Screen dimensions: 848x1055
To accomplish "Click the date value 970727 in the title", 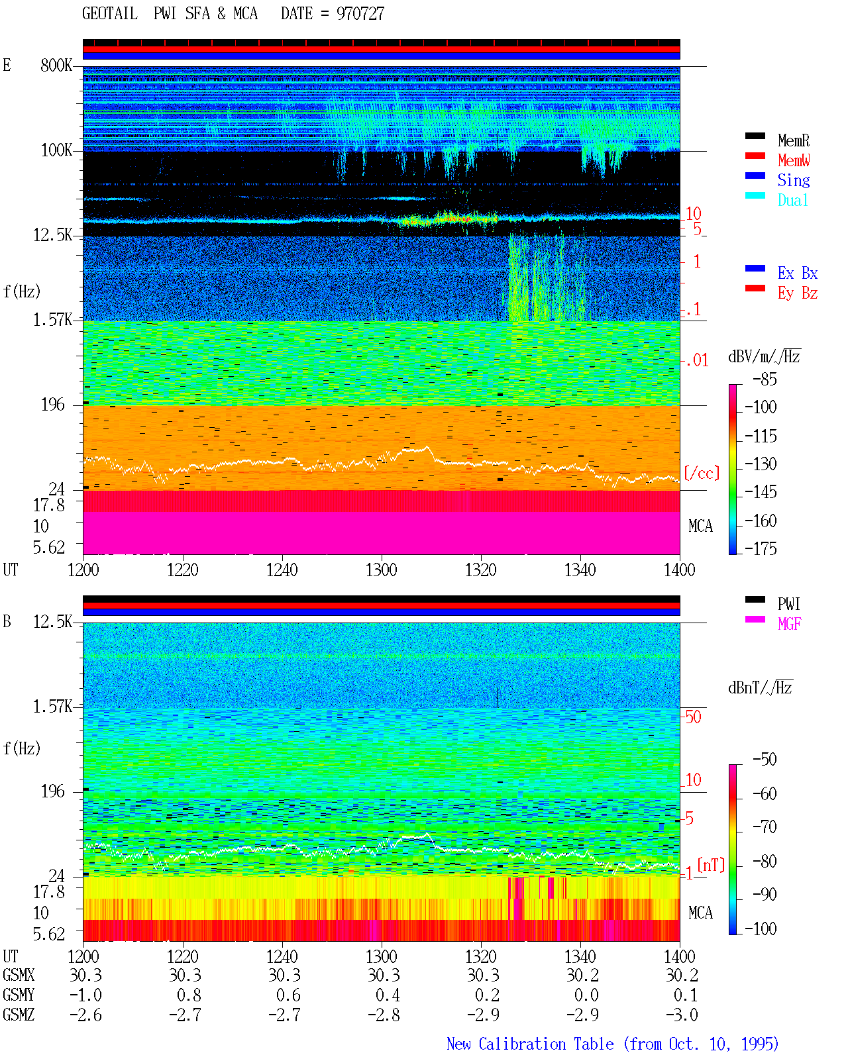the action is (x=360, y=13).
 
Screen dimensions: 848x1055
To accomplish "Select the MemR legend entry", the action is (x=793, y=140).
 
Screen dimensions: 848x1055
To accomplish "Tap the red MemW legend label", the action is (x=793, y=160).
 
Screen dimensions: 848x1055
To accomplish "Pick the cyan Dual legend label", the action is (x=792, y=200).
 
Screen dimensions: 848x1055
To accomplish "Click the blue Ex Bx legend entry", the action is (x=797, y=273).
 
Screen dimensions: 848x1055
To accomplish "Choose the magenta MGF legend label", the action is (x=789, y=624).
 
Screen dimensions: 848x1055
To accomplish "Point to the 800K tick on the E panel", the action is (x=56, y=65).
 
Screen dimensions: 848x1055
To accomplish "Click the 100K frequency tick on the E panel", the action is (x=56, y=150).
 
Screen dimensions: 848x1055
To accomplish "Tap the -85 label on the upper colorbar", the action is (x=765, y=379).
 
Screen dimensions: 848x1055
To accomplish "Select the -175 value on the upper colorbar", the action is (x=761, y=548).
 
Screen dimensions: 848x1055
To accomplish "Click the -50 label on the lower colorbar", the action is (x=765, y=760).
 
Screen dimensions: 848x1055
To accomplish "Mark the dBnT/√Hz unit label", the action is (x=760, y=687).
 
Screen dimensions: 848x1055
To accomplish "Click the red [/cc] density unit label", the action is (x=702, y=473).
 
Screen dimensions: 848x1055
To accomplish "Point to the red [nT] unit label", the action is (x=711, y=865).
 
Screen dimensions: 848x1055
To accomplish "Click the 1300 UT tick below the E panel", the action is (x=381, y=570).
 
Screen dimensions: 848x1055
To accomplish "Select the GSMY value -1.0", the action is (x=86, y=995).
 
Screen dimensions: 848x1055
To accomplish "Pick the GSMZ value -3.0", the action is (x=682, y=1015).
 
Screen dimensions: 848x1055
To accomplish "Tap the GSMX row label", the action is (x=19, y=975).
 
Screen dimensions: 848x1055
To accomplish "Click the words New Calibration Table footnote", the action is (x=530, y=1044).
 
